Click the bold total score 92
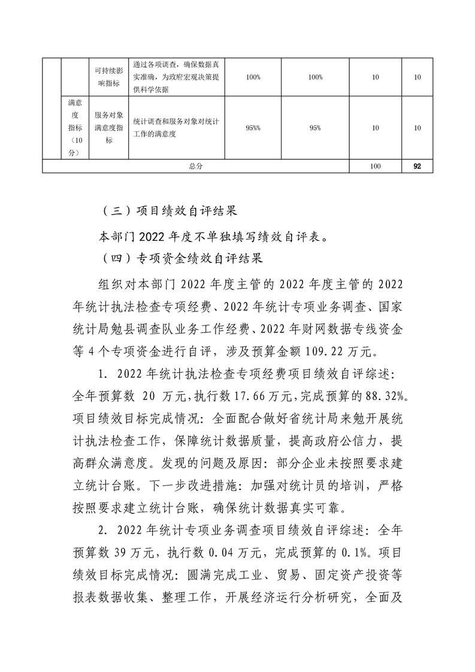pyautogui.click(x=417, y=167)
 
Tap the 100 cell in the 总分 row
pyautogui.click(x=376, y=167)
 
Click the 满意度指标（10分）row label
pyautogui.click(x=75, y=128)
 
